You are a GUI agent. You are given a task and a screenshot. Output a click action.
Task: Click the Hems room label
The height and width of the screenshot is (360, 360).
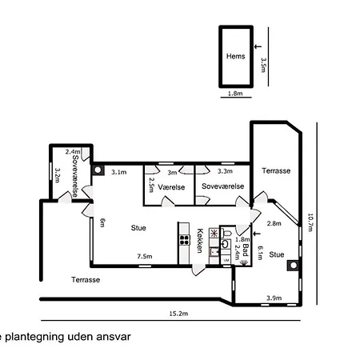(235, 57)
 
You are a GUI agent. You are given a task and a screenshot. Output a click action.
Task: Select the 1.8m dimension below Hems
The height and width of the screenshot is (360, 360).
(235, 94)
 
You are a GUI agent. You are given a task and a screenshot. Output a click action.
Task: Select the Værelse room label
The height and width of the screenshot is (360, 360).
(171, 186)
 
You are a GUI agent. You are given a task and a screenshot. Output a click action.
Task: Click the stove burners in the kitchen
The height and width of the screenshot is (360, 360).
(214, 234)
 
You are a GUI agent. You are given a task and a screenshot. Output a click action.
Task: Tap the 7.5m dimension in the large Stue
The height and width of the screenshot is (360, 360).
(144, 257)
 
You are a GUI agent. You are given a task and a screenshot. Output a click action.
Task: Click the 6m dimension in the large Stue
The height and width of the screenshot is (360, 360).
(102, 223)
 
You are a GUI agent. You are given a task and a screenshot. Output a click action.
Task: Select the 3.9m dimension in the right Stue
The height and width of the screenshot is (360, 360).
(273, 298)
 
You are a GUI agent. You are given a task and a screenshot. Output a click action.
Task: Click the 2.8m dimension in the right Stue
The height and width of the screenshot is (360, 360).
(273, 223)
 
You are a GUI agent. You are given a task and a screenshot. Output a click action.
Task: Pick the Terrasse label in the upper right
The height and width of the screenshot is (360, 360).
(276, 171)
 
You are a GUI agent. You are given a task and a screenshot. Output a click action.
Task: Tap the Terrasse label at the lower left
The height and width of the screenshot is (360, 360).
(86, 279)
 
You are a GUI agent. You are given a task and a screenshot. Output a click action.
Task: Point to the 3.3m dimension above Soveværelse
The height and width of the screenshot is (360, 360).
(225, 171)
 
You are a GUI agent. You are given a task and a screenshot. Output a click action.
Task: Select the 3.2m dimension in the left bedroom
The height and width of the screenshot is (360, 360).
(58, 174)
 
